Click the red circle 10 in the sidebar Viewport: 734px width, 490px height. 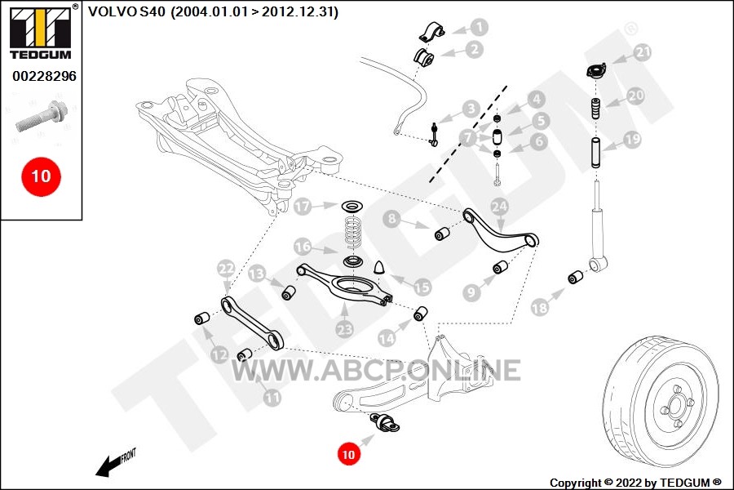click(x=42, y=176)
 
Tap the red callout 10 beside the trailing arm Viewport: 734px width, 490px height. click(x=348, y=454)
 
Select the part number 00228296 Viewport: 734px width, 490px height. click(x=44, y=76)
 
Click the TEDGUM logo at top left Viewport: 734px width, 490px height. click(x=41, y=33)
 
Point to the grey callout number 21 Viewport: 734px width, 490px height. click(x=643, y=51)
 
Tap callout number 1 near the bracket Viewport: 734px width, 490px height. click(x=479, y=27)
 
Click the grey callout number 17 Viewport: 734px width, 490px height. click(x=303, y=207)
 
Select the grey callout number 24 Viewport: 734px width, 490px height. click(x=499, y=207)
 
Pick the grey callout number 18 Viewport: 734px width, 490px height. click(x=539, y=308)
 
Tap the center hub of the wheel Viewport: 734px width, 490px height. click(x=677, y=405)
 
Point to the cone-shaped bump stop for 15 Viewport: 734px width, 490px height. click(x=380, y=266)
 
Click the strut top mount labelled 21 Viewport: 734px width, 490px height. click(x=596, y=71)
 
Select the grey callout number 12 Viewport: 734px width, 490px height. click(x=219, y=354)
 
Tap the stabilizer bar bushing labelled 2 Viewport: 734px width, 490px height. click(x=423, y=56)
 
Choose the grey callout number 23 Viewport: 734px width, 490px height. click(x=344, y=330)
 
